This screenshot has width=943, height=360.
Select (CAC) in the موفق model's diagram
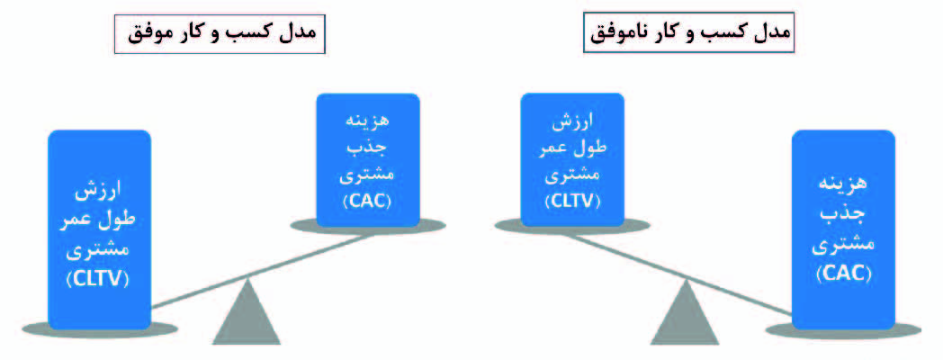click(x=367, y=200)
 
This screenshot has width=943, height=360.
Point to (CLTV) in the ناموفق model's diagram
click(x=572, y=200)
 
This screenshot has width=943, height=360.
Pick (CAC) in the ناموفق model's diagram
click(x=842, y=271)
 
